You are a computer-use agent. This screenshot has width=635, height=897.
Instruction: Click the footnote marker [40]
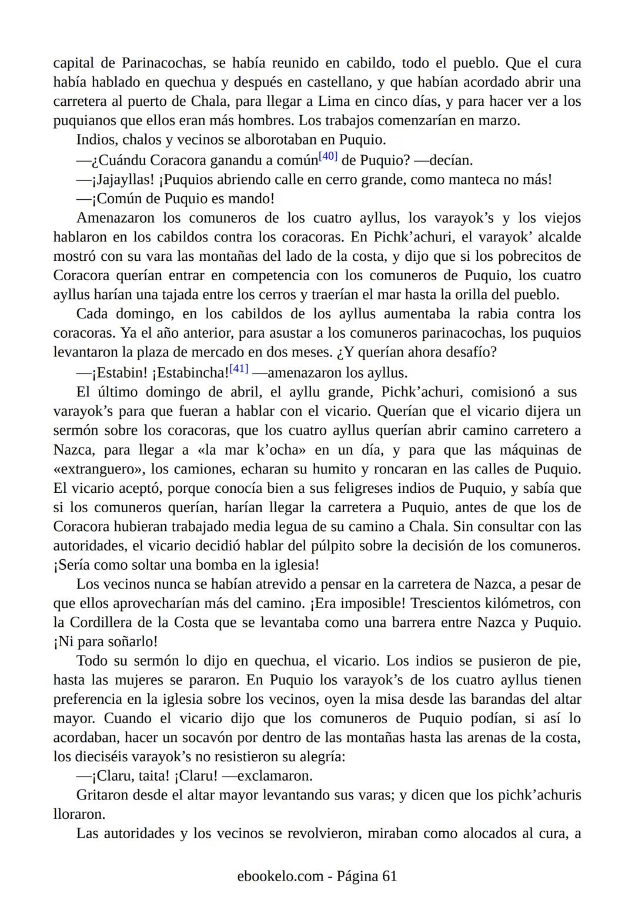tap(327, 156)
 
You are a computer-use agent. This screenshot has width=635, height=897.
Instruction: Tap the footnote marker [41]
tap(239, 369)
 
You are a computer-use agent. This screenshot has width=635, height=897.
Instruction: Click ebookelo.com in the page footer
tap(280, 876)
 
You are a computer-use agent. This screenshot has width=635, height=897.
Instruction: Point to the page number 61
tap(389, 876)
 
